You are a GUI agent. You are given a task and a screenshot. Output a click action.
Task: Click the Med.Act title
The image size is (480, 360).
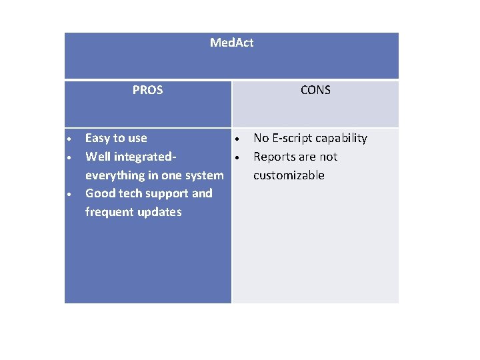pos(231,43)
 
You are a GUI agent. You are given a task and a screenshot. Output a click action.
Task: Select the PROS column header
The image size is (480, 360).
pos(147,90)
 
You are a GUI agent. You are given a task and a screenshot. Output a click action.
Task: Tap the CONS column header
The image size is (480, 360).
pos(315,90)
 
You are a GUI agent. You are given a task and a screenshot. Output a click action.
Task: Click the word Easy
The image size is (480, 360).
pos(97,139)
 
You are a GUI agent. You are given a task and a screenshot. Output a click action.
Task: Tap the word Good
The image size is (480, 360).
pos(99,193)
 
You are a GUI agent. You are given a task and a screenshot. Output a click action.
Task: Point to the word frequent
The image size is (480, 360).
pos(109,212)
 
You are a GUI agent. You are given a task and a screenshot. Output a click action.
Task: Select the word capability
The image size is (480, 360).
pos(341,139)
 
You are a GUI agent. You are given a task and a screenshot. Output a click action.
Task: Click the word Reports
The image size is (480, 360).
pos(275,157)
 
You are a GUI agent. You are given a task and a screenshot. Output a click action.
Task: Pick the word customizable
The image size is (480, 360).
pos(289,175)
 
